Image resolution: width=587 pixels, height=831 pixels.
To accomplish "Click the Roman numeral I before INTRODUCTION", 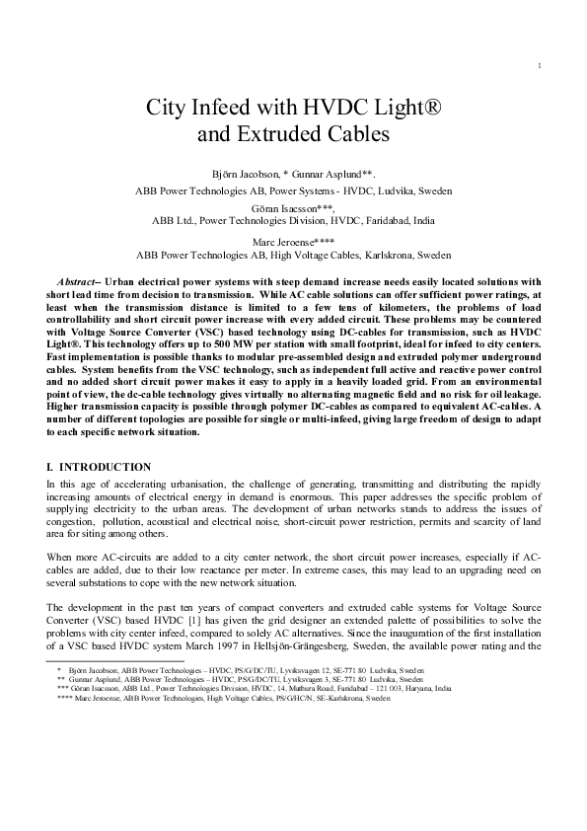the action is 49,466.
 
